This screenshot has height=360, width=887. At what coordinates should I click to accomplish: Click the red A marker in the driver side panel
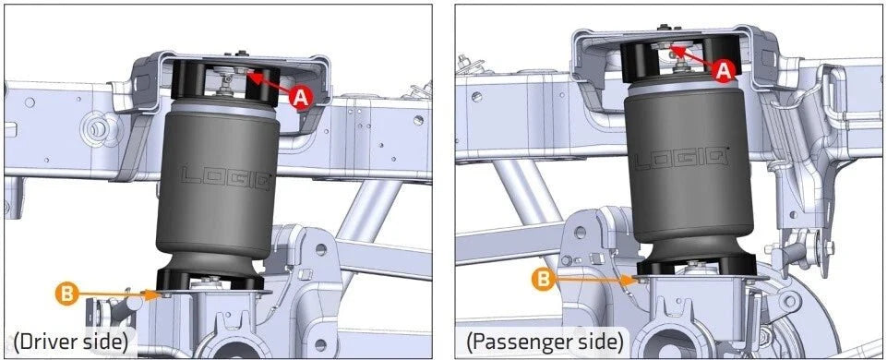pos(300,98)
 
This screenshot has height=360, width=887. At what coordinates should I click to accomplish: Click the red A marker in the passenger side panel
pos(723,71)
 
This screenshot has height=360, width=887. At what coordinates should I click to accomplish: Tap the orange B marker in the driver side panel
pos(66,294)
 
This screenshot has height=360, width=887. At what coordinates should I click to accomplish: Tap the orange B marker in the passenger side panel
pos(543,279)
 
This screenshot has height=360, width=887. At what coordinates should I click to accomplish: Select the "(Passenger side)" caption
pos(545,342)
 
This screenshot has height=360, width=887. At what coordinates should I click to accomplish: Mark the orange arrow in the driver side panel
pos(116,294)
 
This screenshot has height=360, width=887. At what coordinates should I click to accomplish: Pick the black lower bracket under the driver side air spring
pos(210,279)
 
